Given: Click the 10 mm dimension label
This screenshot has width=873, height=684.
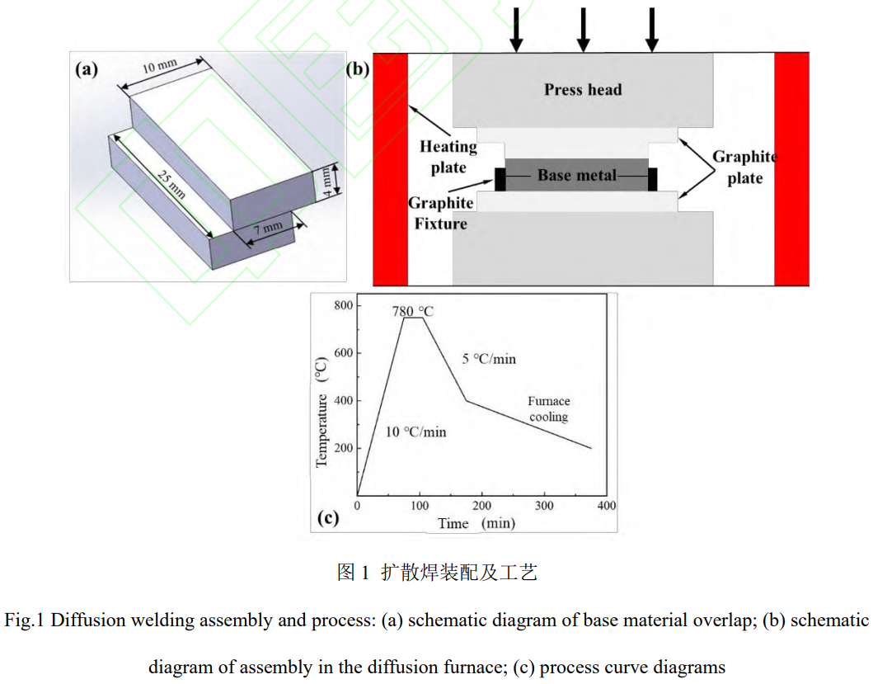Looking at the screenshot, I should pyautogui.click(x=159, y=67).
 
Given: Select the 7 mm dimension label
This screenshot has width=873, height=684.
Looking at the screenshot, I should pyautogui.click(x=267, y=228).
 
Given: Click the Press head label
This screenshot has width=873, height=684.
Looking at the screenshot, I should pyautogui.click(x=583, y=89).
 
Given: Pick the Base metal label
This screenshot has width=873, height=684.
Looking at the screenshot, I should pyautogui.click(x=576, y=175).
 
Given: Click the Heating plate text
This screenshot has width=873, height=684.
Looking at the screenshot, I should pyautogui.click(x=448, y=157).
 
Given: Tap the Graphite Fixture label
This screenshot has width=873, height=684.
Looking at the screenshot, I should pyautogui.click(x=441, y=213).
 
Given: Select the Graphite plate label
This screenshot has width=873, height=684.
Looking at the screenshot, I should pyautogui.click(x=744, y=167).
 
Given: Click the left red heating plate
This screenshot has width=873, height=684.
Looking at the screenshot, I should pyautogui.click(x=391, y=169).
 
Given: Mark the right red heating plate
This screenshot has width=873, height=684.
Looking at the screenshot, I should pyautogui.click(x=791, y=169).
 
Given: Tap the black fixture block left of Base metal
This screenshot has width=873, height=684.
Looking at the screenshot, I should pyautogui.click(x=500, y=179).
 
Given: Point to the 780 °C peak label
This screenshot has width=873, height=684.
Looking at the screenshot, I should pyautogui.click(x=413, y=312).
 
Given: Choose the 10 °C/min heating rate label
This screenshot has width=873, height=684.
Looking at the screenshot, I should pyautogui.click(x=416, y=432).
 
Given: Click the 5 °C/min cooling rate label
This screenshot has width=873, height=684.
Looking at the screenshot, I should pyautogui.click(x=490, y=359).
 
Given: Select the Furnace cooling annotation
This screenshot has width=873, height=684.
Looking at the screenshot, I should pyautogui.click(x=549, y=408).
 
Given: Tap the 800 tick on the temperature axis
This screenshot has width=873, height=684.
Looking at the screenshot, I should pyautogui.click(x=343, y=306).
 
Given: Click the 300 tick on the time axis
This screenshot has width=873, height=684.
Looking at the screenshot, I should pyautogui.click(x=544, y=505).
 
